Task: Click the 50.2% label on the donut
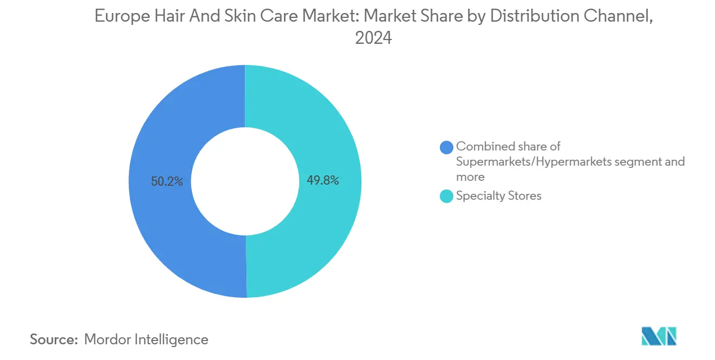(x=167, y=182)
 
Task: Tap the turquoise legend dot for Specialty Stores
(x=446, y=197)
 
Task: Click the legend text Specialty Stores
(x=498, y=196)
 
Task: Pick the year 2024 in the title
(x=373, y=38)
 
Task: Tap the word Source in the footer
(x=53, y=339)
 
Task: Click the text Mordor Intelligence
(x=146, y=339)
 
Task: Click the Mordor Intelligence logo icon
(x=659, y=337)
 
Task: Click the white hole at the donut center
(x=245, y=182)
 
